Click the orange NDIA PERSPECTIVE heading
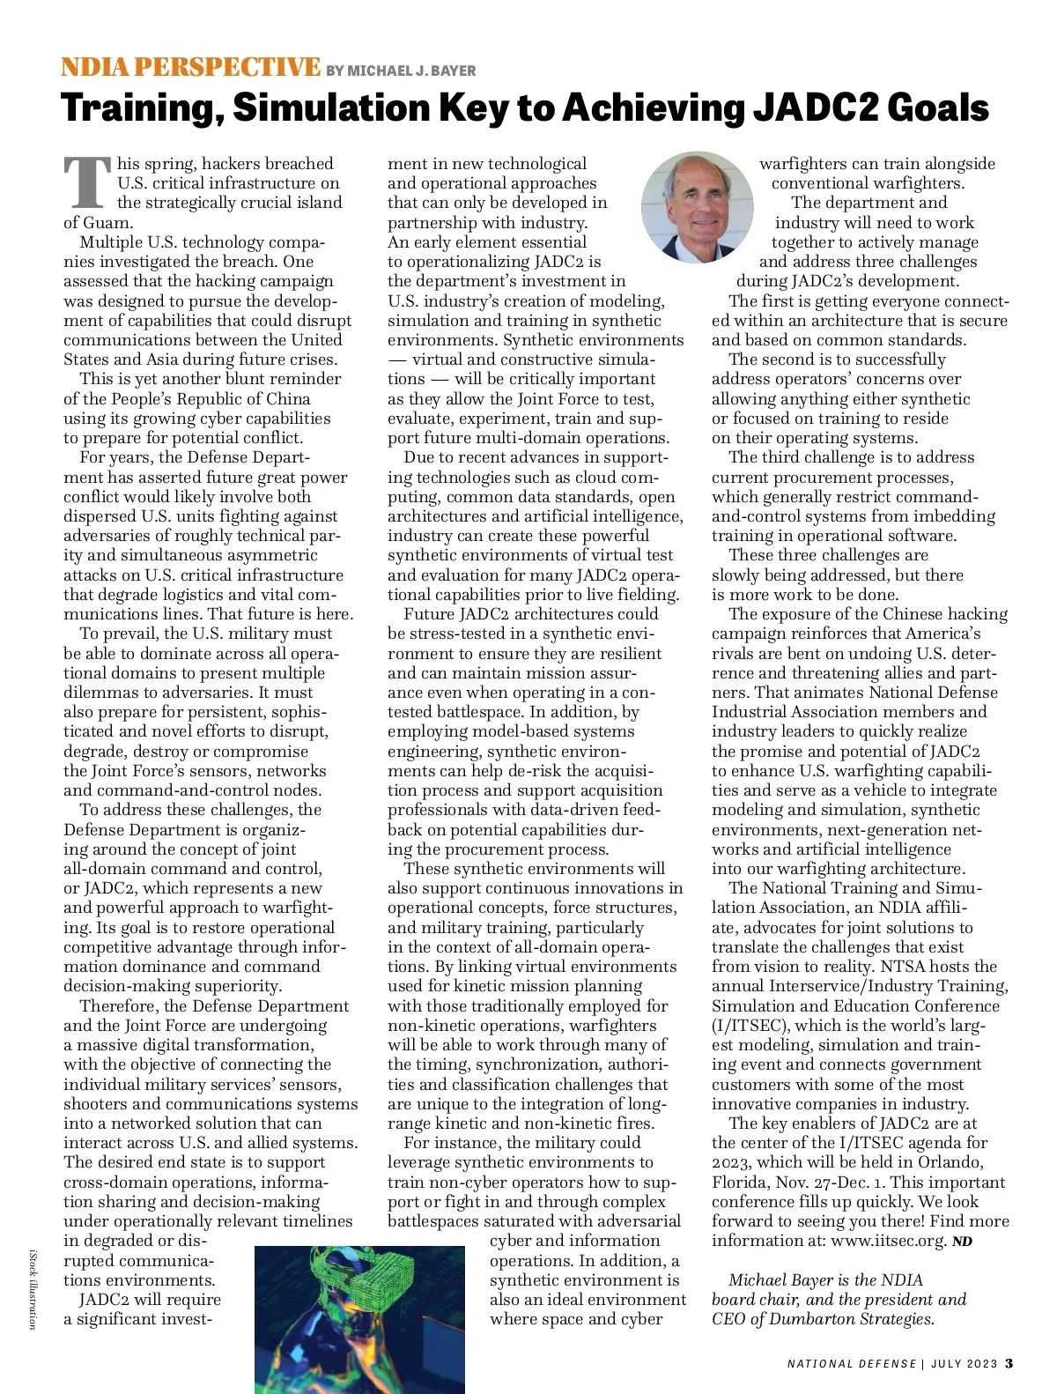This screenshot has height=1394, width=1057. (190, 67)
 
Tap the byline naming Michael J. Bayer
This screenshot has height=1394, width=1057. (401, 70)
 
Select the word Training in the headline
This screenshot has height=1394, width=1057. (141, 108)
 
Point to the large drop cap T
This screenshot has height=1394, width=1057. (87, 183)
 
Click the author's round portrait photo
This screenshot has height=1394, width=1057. (698, 208)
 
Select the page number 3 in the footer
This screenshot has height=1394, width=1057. (1009, 1363)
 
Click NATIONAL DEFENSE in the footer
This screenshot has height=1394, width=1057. (852, 1364)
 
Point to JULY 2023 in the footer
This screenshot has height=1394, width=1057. (964, 1364)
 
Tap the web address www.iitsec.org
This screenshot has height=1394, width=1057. (888, 1241)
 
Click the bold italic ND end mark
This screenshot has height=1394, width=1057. (962, 1242)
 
